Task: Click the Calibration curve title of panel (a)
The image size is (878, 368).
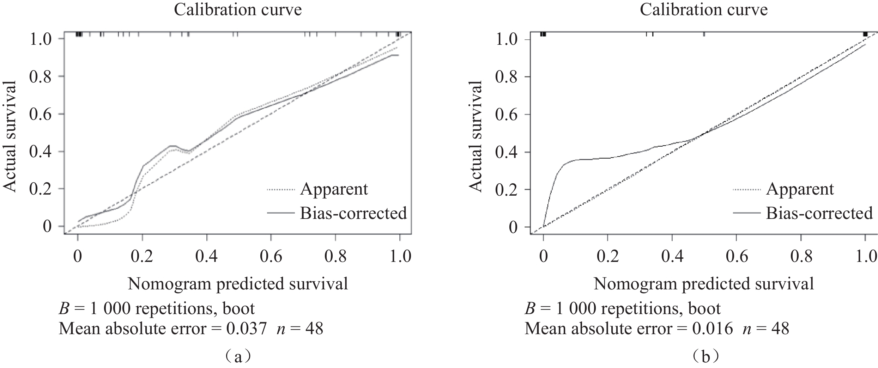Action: click(x=238, y=10)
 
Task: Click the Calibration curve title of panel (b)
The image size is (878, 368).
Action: click(x=704, y=10)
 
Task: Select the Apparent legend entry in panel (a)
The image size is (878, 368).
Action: click(x=334, y=189)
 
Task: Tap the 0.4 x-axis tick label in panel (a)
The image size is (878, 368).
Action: click(x=207, y=256)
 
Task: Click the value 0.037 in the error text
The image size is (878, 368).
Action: click(x=246, y=329)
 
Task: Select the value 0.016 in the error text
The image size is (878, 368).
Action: click(x=712, y=329)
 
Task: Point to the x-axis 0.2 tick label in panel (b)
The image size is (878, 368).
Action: click(x=608, y=256)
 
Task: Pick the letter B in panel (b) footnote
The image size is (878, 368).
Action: click(x=529, y=309)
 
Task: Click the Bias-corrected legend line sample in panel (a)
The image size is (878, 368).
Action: click(x=280, y=213)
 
